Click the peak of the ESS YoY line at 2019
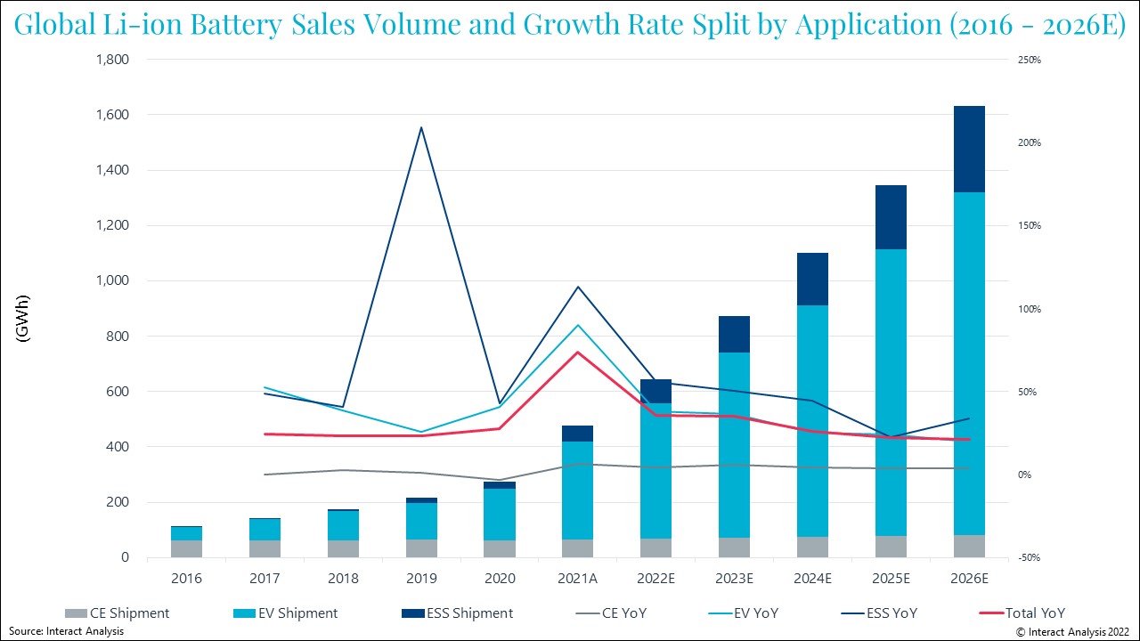[x=421, y=127]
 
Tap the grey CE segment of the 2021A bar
[x=578, y=548]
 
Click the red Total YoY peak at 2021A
[x=578, y=353]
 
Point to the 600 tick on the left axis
[x=118, y=392]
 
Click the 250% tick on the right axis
[x=1029, y=60]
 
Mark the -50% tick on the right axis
[x=1029, y=557]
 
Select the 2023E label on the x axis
[x=735, y=578]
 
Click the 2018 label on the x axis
[x=343, y=578]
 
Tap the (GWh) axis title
[x=23, y=318]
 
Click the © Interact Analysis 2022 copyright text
[x=1072, y=631]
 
